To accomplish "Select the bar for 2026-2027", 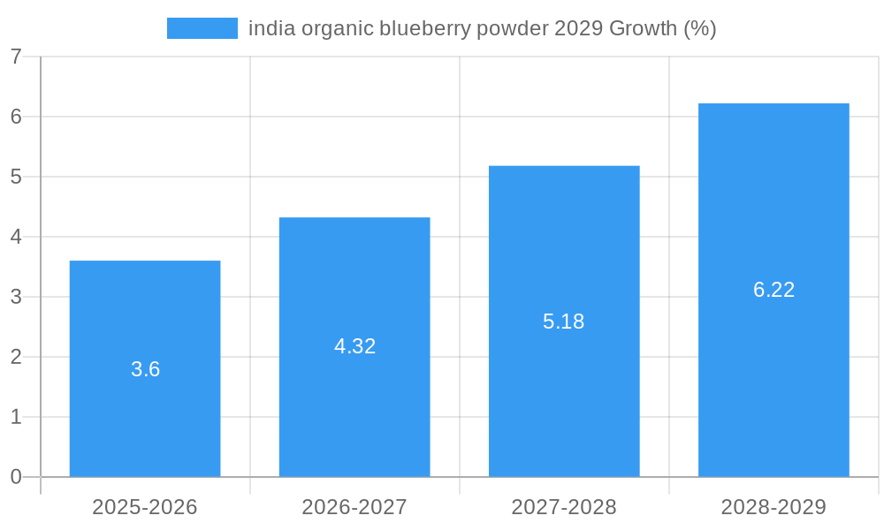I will [354, 406].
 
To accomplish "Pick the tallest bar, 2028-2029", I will [773, 371].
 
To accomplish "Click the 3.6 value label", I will [145, 369].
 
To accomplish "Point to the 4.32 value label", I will [354, 346].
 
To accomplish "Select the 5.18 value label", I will [564, 322].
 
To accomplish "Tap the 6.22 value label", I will [773, 290].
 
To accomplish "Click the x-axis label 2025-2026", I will [145, 507].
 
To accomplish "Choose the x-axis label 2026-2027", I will [354, 507].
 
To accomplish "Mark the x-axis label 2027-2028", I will [564, 507].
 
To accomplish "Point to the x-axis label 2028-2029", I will [773, 507].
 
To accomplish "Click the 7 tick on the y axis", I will [16, 57].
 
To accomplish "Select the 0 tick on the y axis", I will [16, 477].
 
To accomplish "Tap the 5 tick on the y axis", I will [16, 177].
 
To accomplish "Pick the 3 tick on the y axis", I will [16, 297].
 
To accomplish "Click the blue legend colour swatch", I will [202, 28].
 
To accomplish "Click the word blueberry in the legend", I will [425, 28].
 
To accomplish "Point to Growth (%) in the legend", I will [663, 28].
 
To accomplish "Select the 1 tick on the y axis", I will [16, 417].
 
